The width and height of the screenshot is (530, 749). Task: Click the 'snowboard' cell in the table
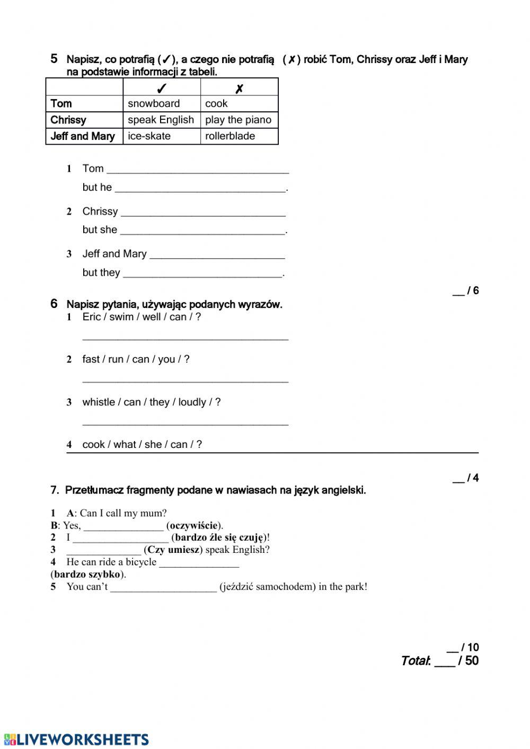[154, 104]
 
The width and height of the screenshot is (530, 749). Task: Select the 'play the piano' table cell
[238, 120]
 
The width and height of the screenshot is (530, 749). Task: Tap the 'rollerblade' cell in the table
[230, 136]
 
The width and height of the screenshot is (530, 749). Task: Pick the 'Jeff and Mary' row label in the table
[83, 136]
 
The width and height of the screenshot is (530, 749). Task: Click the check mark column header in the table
[162, 88]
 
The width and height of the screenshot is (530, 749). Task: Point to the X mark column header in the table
[239, 89]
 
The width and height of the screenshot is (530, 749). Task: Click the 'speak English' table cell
[161, 120]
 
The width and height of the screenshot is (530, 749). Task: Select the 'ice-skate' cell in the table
[149, 136]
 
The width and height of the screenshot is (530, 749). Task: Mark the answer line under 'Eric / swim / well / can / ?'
[185, 338]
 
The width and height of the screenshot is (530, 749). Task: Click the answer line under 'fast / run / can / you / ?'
[185, 380]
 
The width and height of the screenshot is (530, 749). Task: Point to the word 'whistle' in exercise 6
[99, 402]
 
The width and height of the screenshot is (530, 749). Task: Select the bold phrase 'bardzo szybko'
[87, 575]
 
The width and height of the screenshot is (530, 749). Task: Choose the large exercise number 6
[54, 304]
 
